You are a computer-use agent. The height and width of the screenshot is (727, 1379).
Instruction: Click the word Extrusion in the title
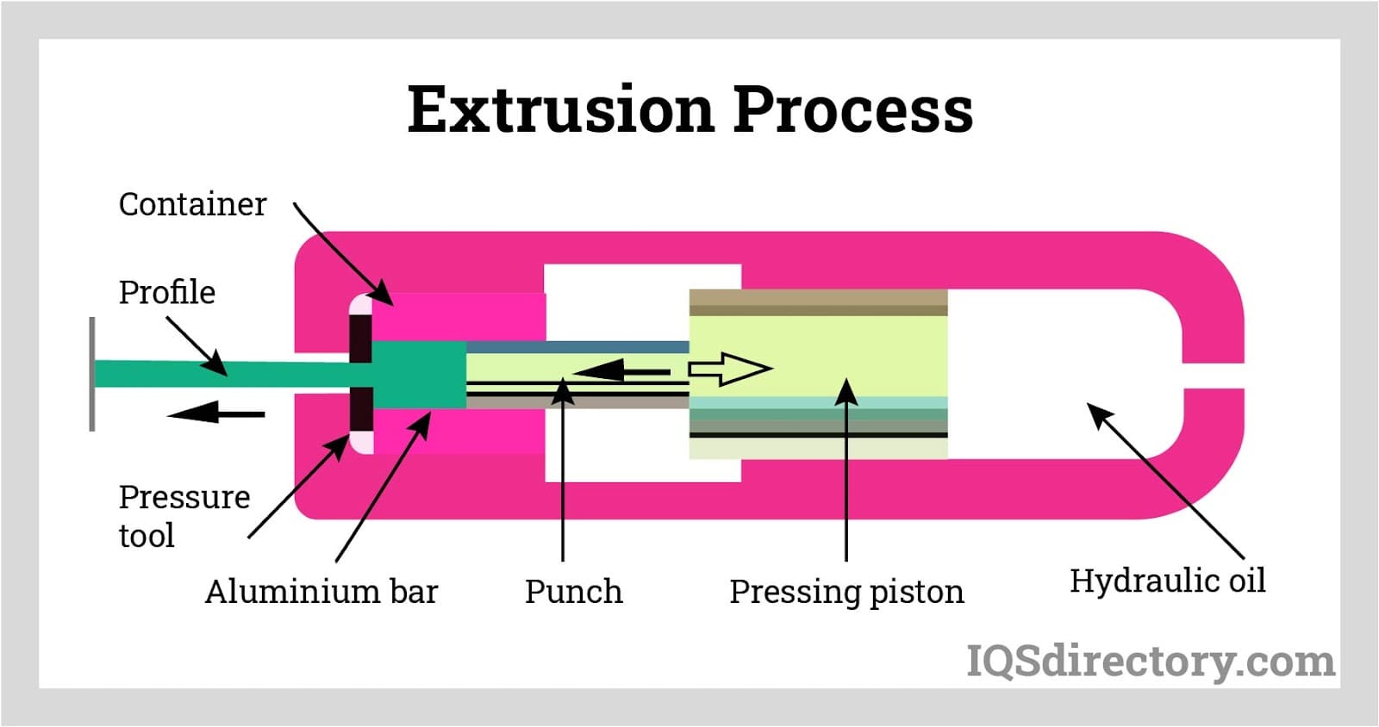click(x=561, y=109)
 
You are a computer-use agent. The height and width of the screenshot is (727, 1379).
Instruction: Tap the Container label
click(x=192, y=204)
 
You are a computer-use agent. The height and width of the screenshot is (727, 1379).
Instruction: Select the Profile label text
click(x=167, y=292)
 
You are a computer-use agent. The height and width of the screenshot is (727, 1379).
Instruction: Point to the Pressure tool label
click(x=184, y=515)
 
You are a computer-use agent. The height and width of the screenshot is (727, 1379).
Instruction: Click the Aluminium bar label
click(x=321, y=591)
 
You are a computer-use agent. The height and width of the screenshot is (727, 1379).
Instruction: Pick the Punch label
click(x=573, y=592)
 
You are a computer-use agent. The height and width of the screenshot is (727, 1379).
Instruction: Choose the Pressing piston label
click(x=846, y=593)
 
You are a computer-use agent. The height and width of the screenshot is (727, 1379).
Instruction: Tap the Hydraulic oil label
click(x=1167, y=581)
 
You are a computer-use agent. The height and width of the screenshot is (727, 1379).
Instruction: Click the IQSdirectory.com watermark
click(x=1150, y=662)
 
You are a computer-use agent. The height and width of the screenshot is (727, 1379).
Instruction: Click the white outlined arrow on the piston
click(x=730, y=369)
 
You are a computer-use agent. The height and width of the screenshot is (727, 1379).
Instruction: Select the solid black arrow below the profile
click(x=215, y=413)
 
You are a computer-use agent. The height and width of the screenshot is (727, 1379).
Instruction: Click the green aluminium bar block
click(x=419, y=375)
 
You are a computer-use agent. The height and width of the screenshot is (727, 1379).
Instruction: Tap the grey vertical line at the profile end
click(x=91, y=374)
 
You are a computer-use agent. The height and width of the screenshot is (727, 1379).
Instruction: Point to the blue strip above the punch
click(x=577, y=347)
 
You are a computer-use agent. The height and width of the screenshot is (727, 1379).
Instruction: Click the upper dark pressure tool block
click(x=361, y=338)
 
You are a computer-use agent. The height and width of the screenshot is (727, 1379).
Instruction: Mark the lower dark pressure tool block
click(x=361, y=410)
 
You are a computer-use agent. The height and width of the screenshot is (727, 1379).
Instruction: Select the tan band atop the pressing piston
click(x=818, y=302)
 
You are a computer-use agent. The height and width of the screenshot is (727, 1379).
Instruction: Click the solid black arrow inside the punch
click(x=621, y=371)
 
